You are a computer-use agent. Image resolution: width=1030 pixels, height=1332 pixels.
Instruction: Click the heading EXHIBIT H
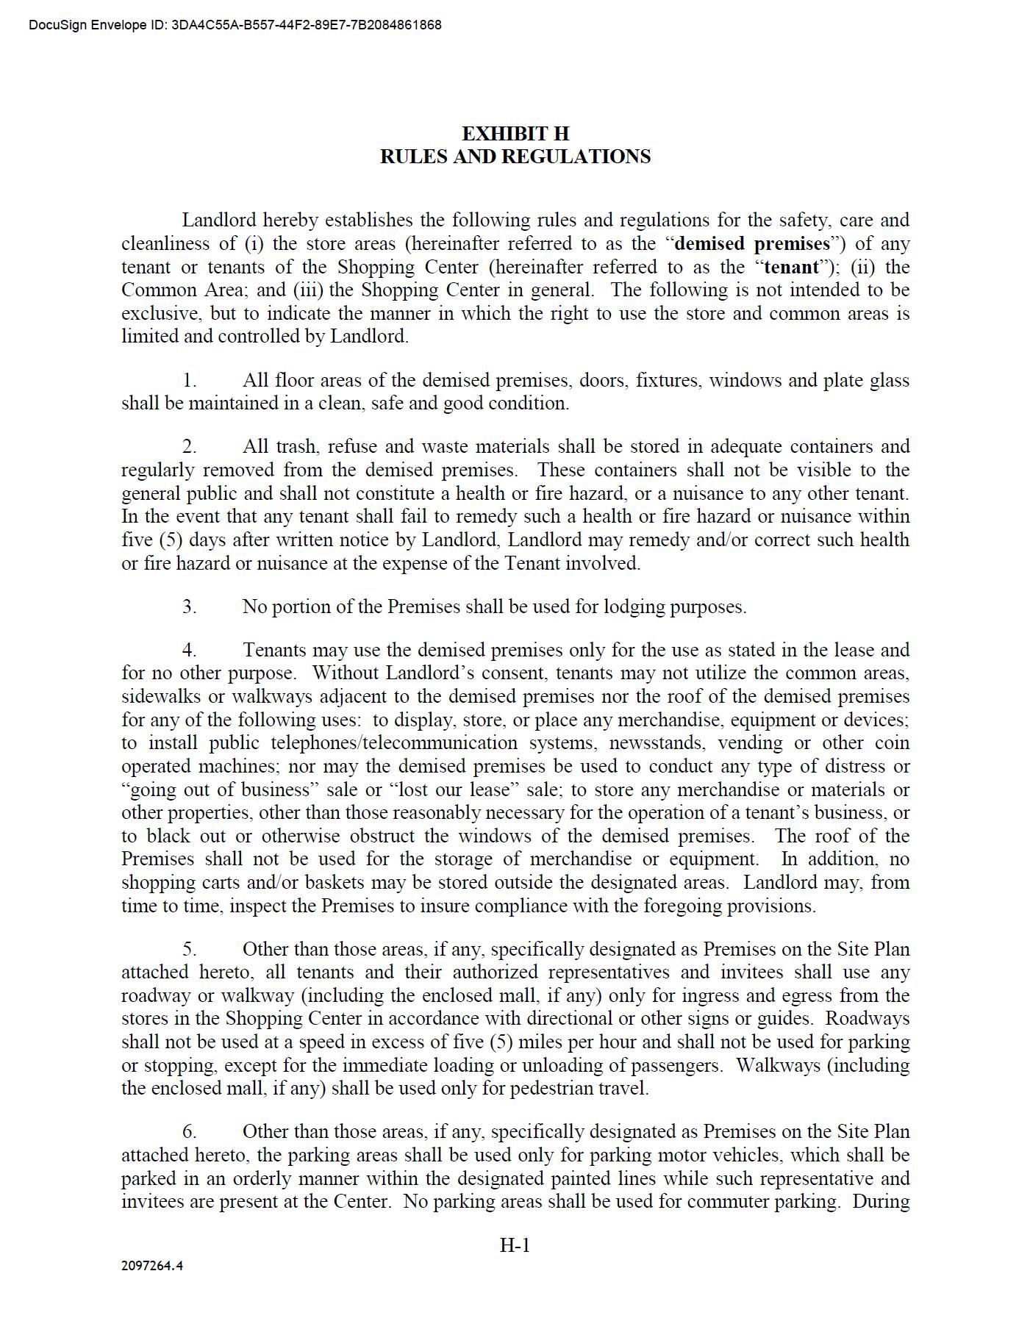[x=515, y=134]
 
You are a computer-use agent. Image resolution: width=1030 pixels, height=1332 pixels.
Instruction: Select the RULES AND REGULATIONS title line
[x=515, y=157]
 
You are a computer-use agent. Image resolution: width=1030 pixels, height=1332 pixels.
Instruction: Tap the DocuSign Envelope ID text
[x=235, y=25]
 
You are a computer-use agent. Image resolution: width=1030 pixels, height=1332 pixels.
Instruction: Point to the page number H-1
[x=515, y=1245]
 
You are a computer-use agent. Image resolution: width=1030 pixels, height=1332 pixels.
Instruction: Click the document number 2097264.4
[x=152, y=1266]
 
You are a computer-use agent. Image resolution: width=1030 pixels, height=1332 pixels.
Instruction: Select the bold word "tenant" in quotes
[x=791, y=267]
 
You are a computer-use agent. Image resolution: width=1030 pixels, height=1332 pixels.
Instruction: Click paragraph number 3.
[x=190, y=607]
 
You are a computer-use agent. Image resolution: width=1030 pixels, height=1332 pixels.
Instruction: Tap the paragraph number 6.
[x=190, y=1132]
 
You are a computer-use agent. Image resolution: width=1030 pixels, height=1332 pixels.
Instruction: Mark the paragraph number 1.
[x=190, y=381]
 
